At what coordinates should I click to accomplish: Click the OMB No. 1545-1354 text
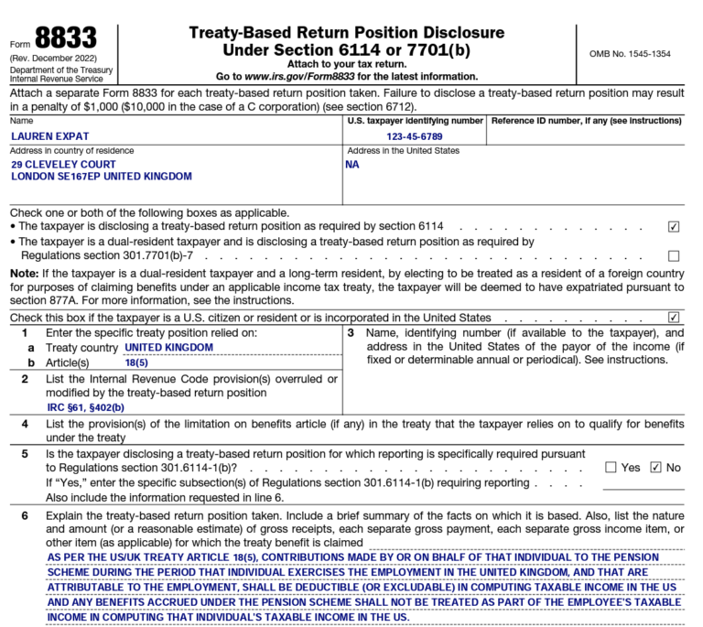tap(631, 53)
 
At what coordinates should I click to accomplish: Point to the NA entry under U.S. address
tap(352, 165)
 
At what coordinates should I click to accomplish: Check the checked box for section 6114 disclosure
tap(674, 226)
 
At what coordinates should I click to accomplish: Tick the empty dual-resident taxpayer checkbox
tap(674, 256)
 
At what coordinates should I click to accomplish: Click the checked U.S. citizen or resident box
tap(674, 318)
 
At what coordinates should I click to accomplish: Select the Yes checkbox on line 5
tap(611, 468)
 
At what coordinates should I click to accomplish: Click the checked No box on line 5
tap(654, 468)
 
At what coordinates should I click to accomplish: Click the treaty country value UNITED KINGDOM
tap(169, 348)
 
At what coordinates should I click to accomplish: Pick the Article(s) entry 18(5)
tap(136, 363)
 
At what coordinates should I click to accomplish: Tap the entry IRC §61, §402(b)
tap(86, 407)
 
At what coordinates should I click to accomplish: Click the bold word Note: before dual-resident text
tap(23, 273)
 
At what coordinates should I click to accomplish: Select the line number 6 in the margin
tap(25, 517)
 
